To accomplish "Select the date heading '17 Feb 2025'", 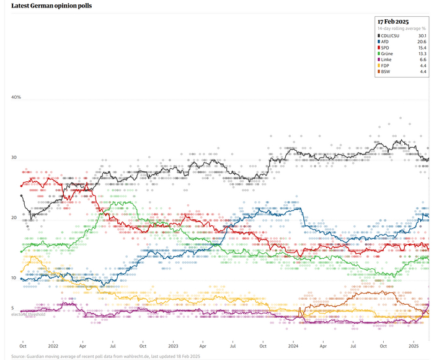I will coord(394,22).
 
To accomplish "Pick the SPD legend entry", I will coord(385,48).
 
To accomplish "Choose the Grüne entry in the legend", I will coord(387,54).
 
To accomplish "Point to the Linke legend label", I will coord(386,60).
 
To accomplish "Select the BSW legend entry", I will coord(386,73).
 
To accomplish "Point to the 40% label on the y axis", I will coord(16,97).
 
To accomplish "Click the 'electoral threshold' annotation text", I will coord(29,315).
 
